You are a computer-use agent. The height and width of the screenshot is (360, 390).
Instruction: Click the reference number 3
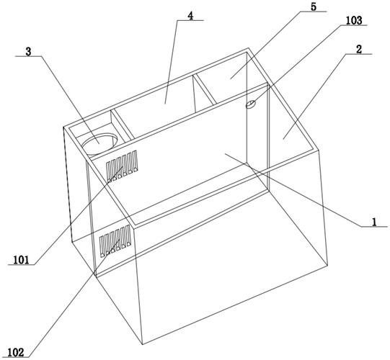tap(28, 52)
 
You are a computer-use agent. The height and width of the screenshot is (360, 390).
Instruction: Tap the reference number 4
tap(190, 16)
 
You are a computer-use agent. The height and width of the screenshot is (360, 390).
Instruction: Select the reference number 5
tap(314, 7)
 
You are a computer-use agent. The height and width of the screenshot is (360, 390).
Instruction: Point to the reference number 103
tap(354, 20)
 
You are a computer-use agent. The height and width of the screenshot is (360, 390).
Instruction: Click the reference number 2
tap(358, 50)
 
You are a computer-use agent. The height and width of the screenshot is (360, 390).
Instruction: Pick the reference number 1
tap(374, 222)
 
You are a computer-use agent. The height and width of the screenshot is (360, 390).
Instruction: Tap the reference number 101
tap(21, 260)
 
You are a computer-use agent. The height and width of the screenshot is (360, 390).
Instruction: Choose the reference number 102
tap(16, 352)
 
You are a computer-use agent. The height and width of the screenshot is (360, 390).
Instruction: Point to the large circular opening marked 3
tap(99, 144)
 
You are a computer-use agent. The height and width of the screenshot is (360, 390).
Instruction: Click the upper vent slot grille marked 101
tap(122, 166)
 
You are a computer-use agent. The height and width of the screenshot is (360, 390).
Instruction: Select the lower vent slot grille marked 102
tap(115, 240)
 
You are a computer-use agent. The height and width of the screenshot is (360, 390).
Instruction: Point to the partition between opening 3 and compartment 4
tap(123, 125)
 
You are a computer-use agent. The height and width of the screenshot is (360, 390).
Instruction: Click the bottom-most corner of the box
tap(143, 344)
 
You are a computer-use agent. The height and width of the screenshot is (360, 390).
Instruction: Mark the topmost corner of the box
tap(248, 48)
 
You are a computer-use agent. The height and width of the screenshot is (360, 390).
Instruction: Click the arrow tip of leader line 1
tap(225, 154)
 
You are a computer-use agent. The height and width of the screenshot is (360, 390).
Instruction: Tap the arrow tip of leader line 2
tap(283, 140)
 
